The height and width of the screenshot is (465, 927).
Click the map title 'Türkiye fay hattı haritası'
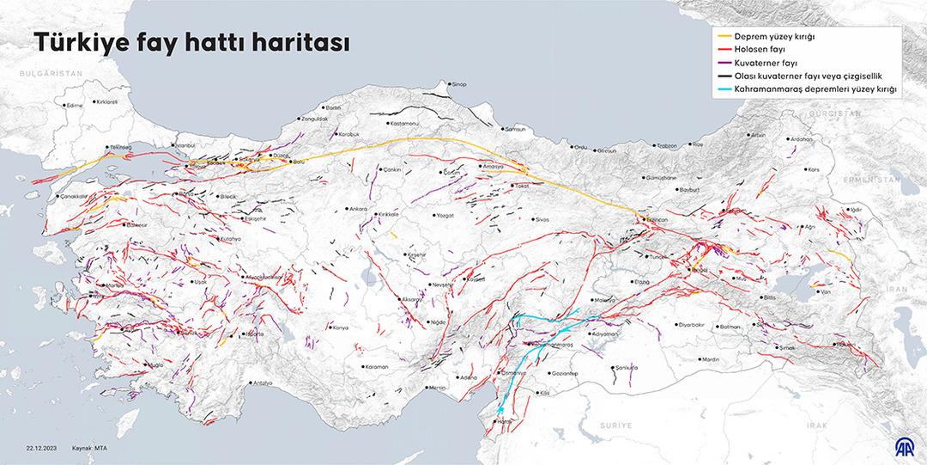point(191,44)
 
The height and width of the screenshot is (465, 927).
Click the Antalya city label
point(262,382)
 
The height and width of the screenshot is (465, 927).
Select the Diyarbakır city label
point(691,325)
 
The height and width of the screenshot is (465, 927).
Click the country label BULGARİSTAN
point(52,74)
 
